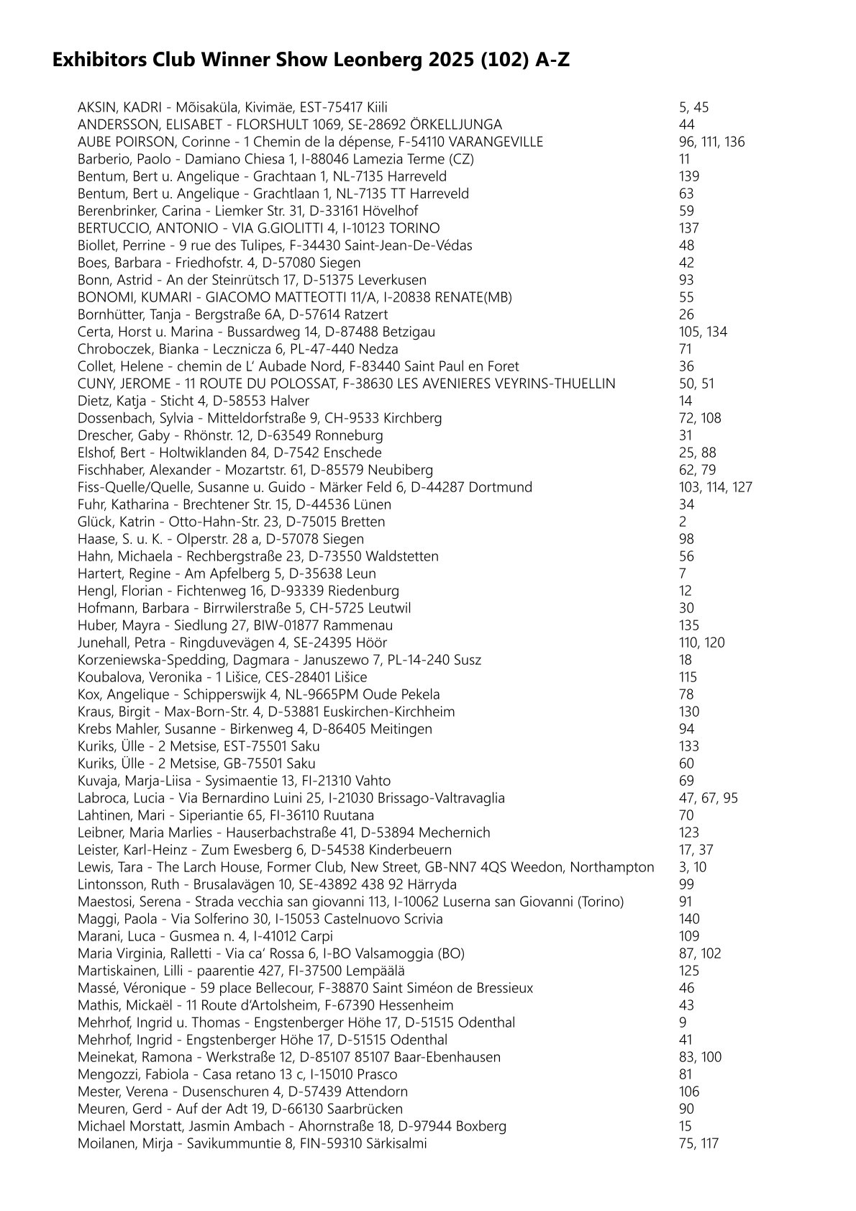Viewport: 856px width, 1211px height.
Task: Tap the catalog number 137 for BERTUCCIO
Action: coord(688,228)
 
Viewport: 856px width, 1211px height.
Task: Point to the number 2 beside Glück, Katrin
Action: coord(683,522)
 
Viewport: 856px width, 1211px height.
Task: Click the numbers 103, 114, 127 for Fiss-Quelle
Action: coord(715,487)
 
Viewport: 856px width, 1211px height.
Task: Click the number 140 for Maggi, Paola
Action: coord(688,919)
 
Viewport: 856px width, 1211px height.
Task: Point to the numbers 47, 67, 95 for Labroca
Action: coord(708,798)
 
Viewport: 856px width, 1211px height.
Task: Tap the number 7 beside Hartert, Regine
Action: coord(683,573)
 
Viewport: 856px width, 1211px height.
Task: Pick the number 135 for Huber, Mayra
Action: coord(688,625)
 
